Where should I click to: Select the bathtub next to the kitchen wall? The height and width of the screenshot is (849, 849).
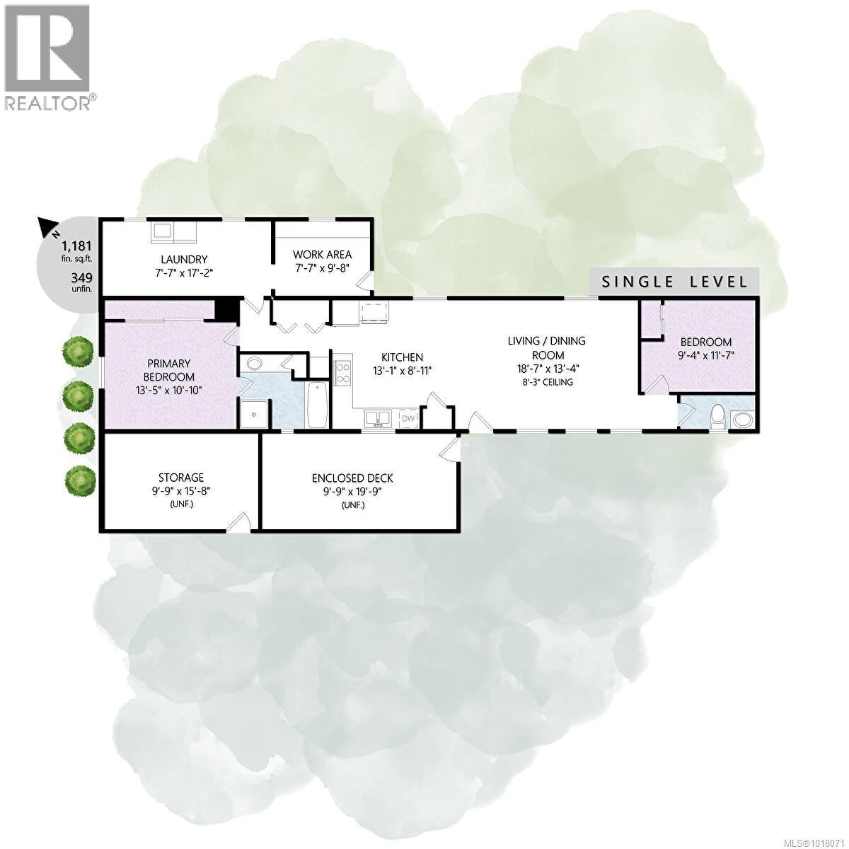(316, 404)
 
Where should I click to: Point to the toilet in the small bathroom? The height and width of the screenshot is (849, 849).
(717, 416)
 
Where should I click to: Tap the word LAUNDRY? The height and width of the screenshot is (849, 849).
(184, 260)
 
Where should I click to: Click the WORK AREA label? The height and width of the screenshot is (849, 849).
(323, 255)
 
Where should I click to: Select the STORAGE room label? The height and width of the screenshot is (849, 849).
(181, 478)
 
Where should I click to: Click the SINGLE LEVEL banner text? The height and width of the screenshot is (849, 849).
(674, 282)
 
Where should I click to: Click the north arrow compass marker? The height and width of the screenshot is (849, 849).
(49, 229)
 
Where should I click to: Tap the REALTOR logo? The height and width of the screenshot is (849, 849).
(48, 57)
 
